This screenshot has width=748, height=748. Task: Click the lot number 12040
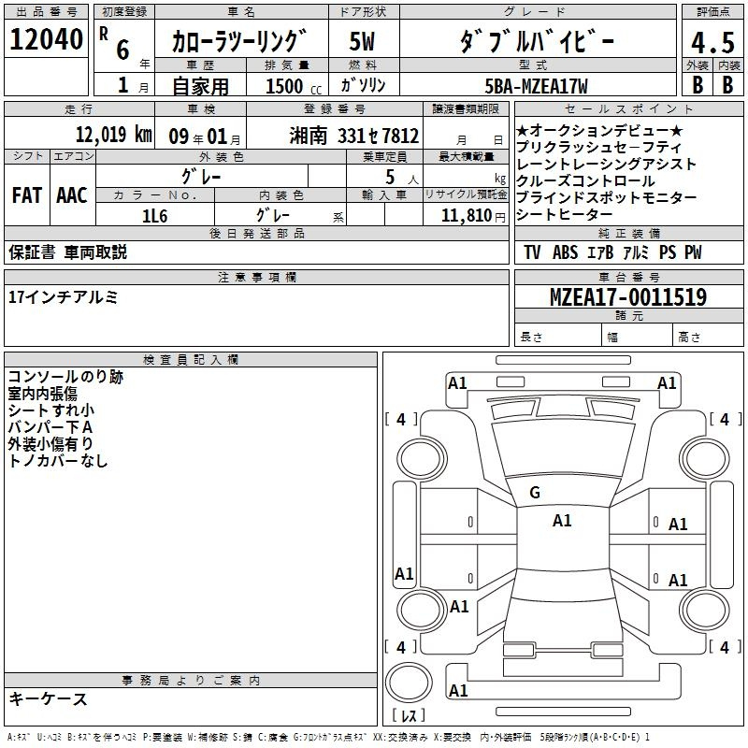[x=46, y=39]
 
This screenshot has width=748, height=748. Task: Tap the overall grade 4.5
[x=712, y=42]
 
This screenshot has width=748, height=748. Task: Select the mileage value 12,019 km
[x=113, y=135]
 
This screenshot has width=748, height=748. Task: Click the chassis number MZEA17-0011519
[x=628, y=296]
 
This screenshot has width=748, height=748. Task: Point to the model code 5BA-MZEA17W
[x=536, y=86]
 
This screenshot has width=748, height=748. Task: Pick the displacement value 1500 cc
[x=294, y=86]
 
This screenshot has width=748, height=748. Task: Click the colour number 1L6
[x=154, y=216]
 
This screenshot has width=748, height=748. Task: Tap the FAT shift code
[x=27, y=195]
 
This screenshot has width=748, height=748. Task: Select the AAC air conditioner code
[x=72, y=195]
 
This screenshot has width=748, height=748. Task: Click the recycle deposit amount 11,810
[x=467, y=216]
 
